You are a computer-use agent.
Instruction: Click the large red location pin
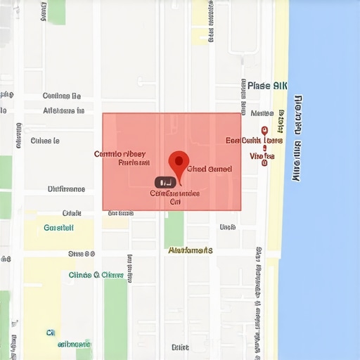(x=179, y=163)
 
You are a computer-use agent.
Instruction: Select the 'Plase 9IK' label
(x=267, y=86)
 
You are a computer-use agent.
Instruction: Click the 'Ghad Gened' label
(x=210, y=169)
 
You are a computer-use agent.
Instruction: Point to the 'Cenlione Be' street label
(x=62, y=96)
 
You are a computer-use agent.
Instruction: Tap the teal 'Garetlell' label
(x=59, y=227)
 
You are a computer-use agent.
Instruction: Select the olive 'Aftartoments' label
(x=191, y=250)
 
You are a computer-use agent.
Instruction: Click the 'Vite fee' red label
(x=262, y=156)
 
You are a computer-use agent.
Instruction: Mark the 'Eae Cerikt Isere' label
(x=254, y=141)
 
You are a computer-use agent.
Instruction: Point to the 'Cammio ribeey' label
(x=120, y=153)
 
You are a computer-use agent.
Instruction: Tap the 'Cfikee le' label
(x=45, y=141)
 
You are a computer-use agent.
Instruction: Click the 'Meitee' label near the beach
(x=262, y=113)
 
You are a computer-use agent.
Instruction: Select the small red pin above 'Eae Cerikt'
(x=264, y=130)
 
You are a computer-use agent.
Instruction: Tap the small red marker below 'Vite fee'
(x=264, y=164)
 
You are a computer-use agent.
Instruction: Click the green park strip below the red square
(x=174, y=229)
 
